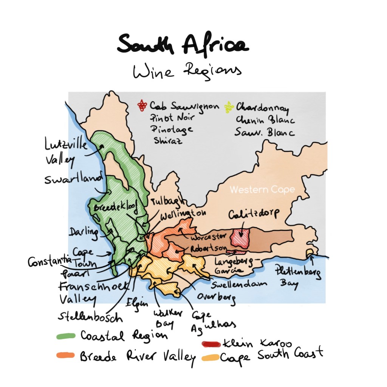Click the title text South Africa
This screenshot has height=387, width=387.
pyautogui.click(x=183, y=45)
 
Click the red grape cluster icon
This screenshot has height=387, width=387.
pyautogui.click(x=142, y=106)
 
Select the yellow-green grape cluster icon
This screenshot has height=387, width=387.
pyautogui.click(x=229, y=107)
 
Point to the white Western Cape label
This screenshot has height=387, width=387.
pyautogui.click(x=262, y=190)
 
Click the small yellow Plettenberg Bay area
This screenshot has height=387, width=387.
pyautogui.click(x=310, y=252)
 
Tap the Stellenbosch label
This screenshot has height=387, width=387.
pyautogui.click(x=90, y=316)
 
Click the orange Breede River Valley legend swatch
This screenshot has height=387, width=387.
pyautogui.click(x=65, y=355)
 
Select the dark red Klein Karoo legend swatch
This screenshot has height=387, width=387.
pyautogui.click(x=211, y=344)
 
